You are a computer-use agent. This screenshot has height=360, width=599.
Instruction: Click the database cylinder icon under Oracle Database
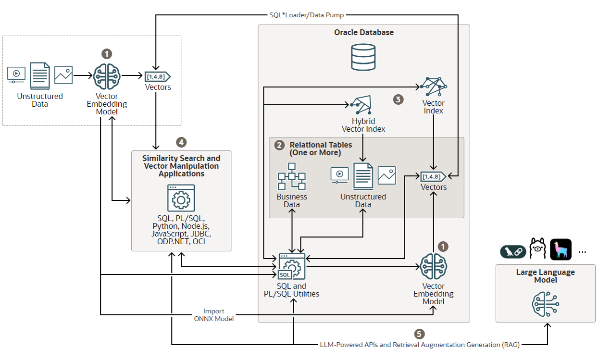363,57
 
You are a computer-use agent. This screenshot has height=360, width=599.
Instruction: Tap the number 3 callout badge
398,99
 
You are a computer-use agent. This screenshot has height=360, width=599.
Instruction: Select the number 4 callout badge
181,142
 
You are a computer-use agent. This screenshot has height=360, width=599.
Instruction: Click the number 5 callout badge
419,334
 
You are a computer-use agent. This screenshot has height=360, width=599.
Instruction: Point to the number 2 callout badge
279,145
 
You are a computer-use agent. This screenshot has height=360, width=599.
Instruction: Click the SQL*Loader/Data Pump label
306,15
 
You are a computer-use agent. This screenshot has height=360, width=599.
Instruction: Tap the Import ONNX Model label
213,315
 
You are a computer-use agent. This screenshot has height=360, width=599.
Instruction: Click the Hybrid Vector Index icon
361,104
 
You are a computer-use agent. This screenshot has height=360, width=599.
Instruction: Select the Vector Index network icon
434,87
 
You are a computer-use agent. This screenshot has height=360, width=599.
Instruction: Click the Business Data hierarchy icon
292,176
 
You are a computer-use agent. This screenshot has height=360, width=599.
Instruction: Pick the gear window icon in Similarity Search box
181,198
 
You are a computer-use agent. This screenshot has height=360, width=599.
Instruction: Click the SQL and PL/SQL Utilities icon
291,266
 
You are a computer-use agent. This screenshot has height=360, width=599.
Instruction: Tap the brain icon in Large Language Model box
546,304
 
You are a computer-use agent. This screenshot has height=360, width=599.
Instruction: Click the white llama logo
538,248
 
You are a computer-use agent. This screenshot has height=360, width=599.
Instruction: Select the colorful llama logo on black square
561,249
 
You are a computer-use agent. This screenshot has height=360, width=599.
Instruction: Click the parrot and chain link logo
513,252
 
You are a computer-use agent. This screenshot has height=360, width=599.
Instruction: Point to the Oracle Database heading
363,32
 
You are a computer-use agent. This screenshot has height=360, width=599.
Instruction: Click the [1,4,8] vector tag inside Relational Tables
433,177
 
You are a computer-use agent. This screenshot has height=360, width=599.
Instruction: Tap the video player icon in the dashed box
16,74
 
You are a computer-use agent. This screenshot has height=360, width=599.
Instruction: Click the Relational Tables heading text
321,149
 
